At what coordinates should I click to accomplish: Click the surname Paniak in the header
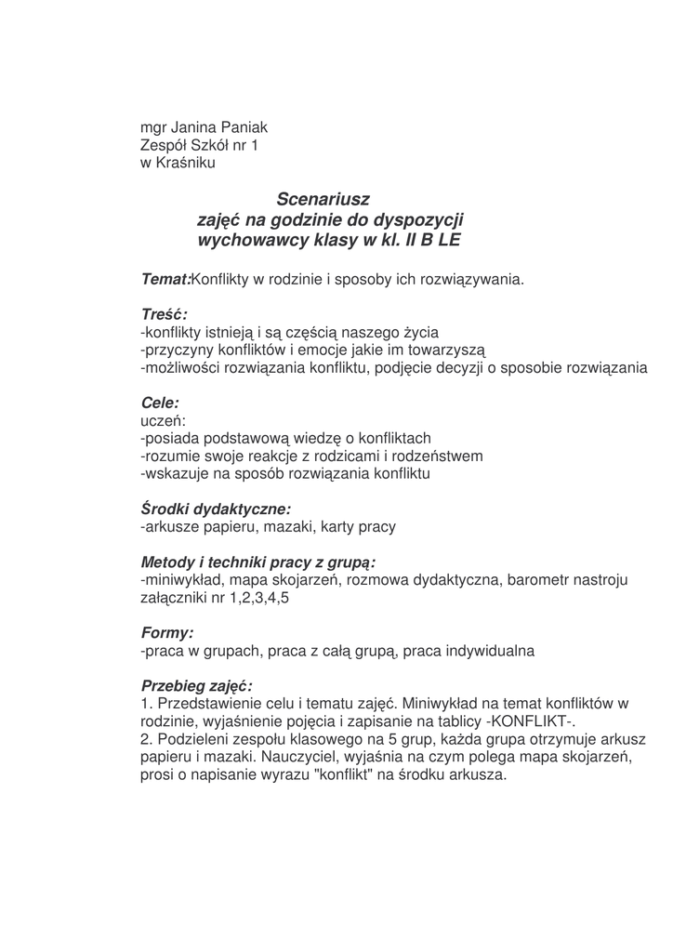[x=243, y=127]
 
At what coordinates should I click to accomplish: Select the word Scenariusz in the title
[x=323, y=199]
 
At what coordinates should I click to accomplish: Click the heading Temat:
[x=165, y=279]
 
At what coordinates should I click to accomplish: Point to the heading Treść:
[x=164, y=314]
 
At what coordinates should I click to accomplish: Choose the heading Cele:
[x=159, y=403]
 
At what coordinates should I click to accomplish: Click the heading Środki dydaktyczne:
[x=216, y=509]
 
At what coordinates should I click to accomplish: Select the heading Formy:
[x=167, y=633]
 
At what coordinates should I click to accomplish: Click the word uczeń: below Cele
[x=163, y=421]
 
